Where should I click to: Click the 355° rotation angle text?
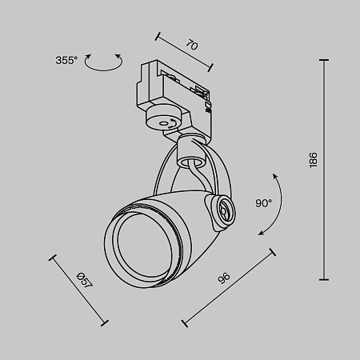click(66, 60)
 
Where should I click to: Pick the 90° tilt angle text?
click(264, 203)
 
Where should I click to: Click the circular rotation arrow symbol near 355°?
click(103, 63)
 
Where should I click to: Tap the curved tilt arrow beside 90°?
click(272, 203)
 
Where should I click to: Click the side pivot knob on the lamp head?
click(222, 210)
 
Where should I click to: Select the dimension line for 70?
click(186, 54)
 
